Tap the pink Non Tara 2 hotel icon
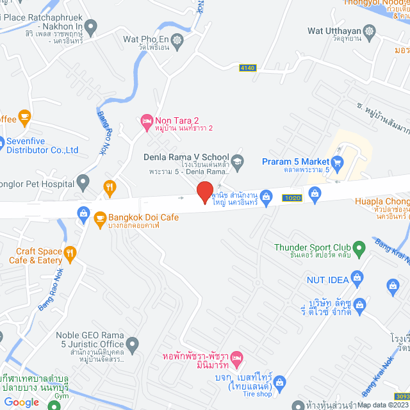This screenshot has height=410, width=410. [x=146, y=120]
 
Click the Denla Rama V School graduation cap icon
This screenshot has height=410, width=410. [x=238, y=160]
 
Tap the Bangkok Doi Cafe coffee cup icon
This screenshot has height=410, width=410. [x=100, y=218]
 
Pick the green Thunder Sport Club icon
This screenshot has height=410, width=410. [x=359, y=247]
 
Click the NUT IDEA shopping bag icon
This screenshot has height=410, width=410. [x=357, y=279]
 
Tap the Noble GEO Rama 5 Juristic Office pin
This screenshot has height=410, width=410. [x=132, y=345]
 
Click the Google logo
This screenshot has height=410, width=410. [x=21, y=402]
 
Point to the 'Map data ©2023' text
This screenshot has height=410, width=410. [x=382, y=405]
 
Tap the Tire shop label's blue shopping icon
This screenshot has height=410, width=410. [x=279, y=383]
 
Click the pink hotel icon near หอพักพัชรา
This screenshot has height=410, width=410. [x=236, y=356]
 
